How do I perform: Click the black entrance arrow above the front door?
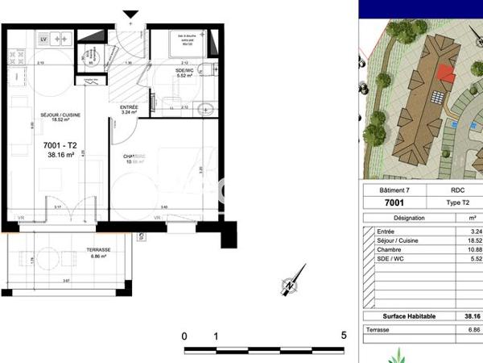pos(130,15)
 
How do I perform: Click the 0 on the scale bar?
pos(184,336)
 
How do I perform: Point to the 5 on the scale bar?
pos(344,336)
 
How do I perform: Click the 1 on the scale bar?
pos(216,336)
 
